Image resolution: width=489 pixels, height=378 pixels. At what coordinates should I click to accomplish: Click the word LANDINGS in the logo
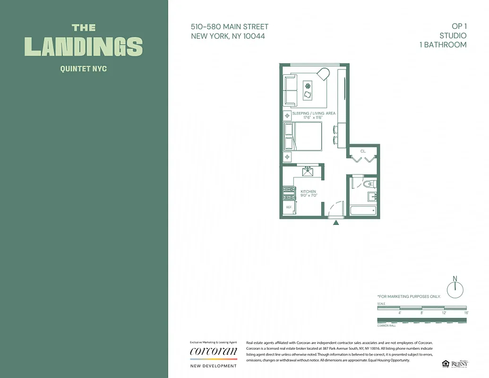tap(84, 46)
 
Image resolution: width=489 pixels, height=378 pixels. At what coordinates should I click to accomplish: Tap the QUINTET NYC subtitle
tap(84, 69)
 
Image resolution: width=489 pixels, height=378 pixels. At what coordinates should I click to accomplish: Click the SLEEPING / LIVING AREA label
tap(314, 113)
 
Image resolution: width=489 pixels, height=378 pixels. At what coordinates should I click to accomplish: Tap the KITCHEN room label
tap(309, 191)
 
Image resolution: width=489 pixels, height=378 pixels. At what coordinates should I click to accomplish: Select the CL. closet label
tap(363, 151)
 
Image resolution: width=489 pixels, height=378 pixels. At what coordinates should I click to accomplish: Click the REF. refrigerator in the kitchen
tap(288, 207)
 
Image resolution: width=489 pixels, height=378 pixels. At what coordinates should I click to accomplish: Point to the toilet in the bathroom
tap(368, 184)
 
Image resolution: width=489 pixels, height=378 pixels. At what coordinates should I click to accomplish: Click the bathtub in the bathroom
tap(363, 210)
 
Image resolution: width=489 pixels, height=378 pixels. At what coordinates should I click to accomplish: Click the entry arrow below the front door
tap(336, 223)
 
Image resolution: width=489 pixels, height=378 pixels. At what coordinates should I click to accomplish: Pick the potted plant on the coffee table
tap(308, 86)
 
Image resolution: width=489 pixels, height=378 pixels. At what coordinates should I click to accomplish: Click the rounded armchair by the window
tap(323, 74)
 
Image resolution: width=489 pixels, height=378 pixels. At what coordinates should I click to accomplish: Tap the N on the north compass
tap(455, 278)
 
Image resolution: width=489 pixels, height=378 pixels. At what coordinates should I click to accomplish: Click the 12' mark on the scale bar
tap(444, 313)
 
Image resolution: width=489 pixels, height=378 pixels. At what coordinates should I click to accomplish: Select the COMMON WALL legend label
tap(386, 326)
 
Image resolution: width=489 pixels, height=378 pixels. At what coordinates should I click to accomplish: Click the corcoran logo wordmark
tap(213, 352)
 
